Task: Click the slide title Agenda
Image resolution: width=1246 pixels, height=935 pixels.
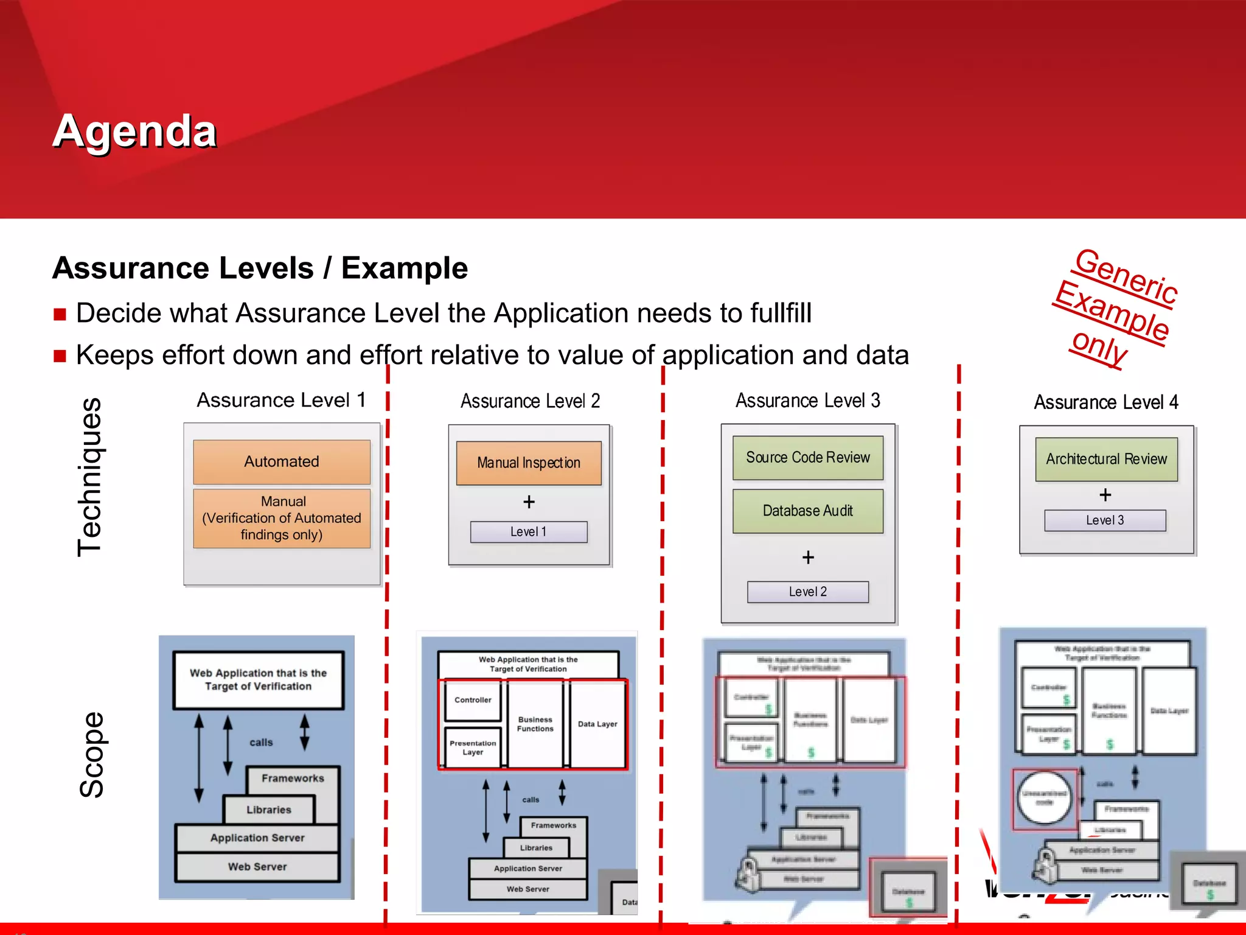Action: [134, 131]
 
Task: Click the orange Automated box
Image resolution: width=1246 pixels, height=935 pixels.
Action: [281, 461]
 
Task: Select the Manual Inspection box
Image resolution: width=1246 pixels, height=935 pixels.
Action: [528, 463]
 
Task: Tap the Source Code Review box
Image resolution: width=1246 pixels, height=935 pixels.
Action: [807, 458]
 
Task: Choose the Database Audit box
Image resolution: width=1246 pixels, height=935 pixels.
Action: [807, 511]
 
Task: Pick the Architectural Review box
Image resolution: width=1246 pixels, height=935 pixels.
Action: [1106, 459]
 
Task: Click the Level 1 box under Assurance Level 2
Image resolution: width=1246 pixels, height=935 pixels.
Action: [528, 531]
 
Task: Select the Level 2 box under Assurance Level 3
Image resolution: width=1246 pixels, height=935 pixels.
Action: [807, 592]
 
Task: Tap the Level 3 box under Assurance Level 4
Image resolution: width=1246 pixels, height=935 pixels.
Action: [1105, 520]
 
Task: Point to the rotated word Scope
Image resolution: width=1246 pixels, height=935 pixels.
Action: [92, 755]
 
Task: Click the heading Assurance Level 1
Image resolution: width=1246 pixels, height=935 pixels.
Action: [281, 400]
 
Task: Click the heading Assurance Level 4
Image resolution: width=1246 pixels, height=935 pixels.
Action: [1106, 402]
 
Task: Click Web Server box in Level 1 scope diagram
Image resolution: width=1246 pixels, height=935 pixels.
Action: [257, 867]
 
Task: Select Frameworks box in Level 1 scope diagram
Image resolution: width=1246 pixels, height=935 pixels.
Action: [293, 779]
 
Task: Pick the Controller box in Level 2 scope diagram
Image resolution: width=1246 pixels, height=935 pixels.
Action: [473, 700]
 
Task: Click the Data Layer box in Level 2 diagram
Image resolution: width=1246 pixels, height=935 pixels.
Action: [597, 724]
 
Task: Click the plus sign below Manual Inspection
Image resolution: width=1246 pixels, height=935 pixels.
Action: [529, 502]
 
